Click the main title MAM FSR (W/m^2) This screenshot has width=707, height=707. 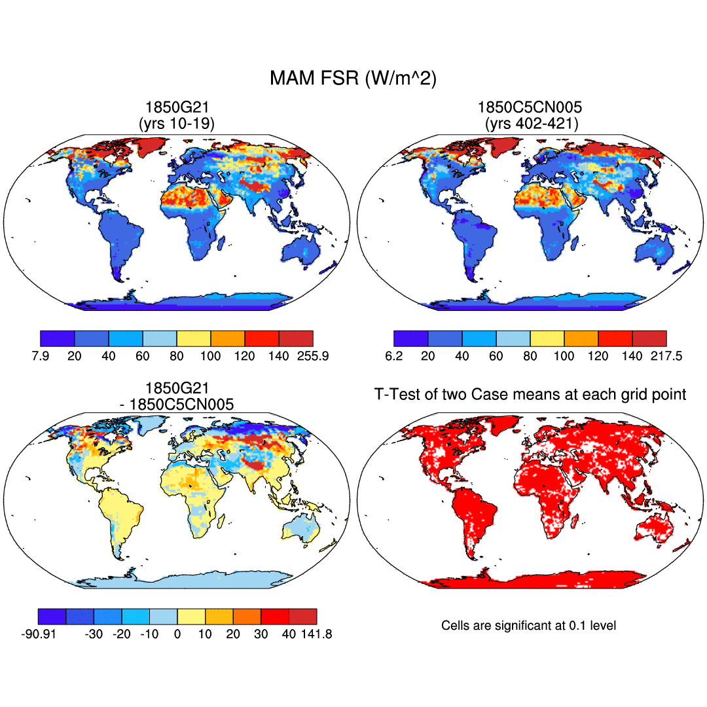pyautogui.click(x=353, y=79)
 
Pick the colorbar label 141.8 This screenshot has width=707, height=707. pyautogui.click(x=316, y=634)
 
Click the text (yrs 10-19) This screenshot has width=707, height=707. pyautogui.click(x=176, y=122)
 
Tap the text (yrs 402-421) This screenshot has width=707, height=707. pyautogui.click(x=531, y=122)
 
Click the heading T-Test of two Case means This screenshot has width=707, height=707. pyautogui.click(x=530, y=394)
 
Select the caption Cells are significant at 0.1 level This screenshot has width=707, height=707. pyautogui.click(x=529, y=626)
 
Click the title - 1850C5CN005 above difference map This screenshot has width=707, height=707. pyautogui.click(x=176, y=404)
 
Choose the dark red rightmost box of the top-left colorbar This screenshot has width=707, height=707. pyautogui.click(x=296, y=338)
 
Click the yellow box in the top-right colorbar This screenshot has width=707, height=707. pyautogui.click(x=547, y=338)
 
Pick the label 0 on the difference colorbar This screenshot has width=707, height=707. pyautogui.click(x=177, y=634)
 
